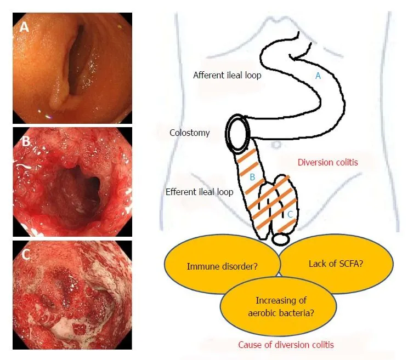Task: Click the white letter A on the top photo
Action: coord(24,27)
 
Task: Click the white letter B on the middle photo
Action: coord(26,141)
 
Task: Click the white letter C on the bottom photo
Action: coord(26,254)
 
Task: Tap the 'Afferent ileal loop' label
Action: coord(227,75)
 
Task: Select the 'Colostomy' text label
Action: coord(189,133)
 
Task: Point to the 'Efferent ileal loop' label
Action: coord(200,192)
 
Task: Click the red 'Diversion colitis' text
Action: coord(327,162)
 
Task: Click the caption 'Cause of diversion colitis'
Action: coord(286,345)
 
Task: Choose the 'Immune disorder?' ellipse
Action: coord(222,264)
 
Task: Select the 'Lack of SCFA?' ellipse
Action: coord(336,264)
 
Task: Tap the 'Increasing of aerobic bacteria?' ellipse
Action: coord(279,306)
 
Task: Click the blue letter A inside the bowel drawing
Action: coord(318,76)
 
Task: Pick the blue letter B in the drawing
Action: coord(252,177)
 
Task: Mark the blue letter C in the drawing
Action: coord(290,214)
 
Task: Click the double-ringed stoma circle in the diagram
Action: coord(238,133)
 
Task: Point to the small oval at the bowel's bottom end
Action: coord(281,239)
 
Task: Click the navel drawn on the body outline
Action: coord(276,145)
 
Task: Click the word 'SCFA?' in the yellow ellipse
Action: coord(351,264)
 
